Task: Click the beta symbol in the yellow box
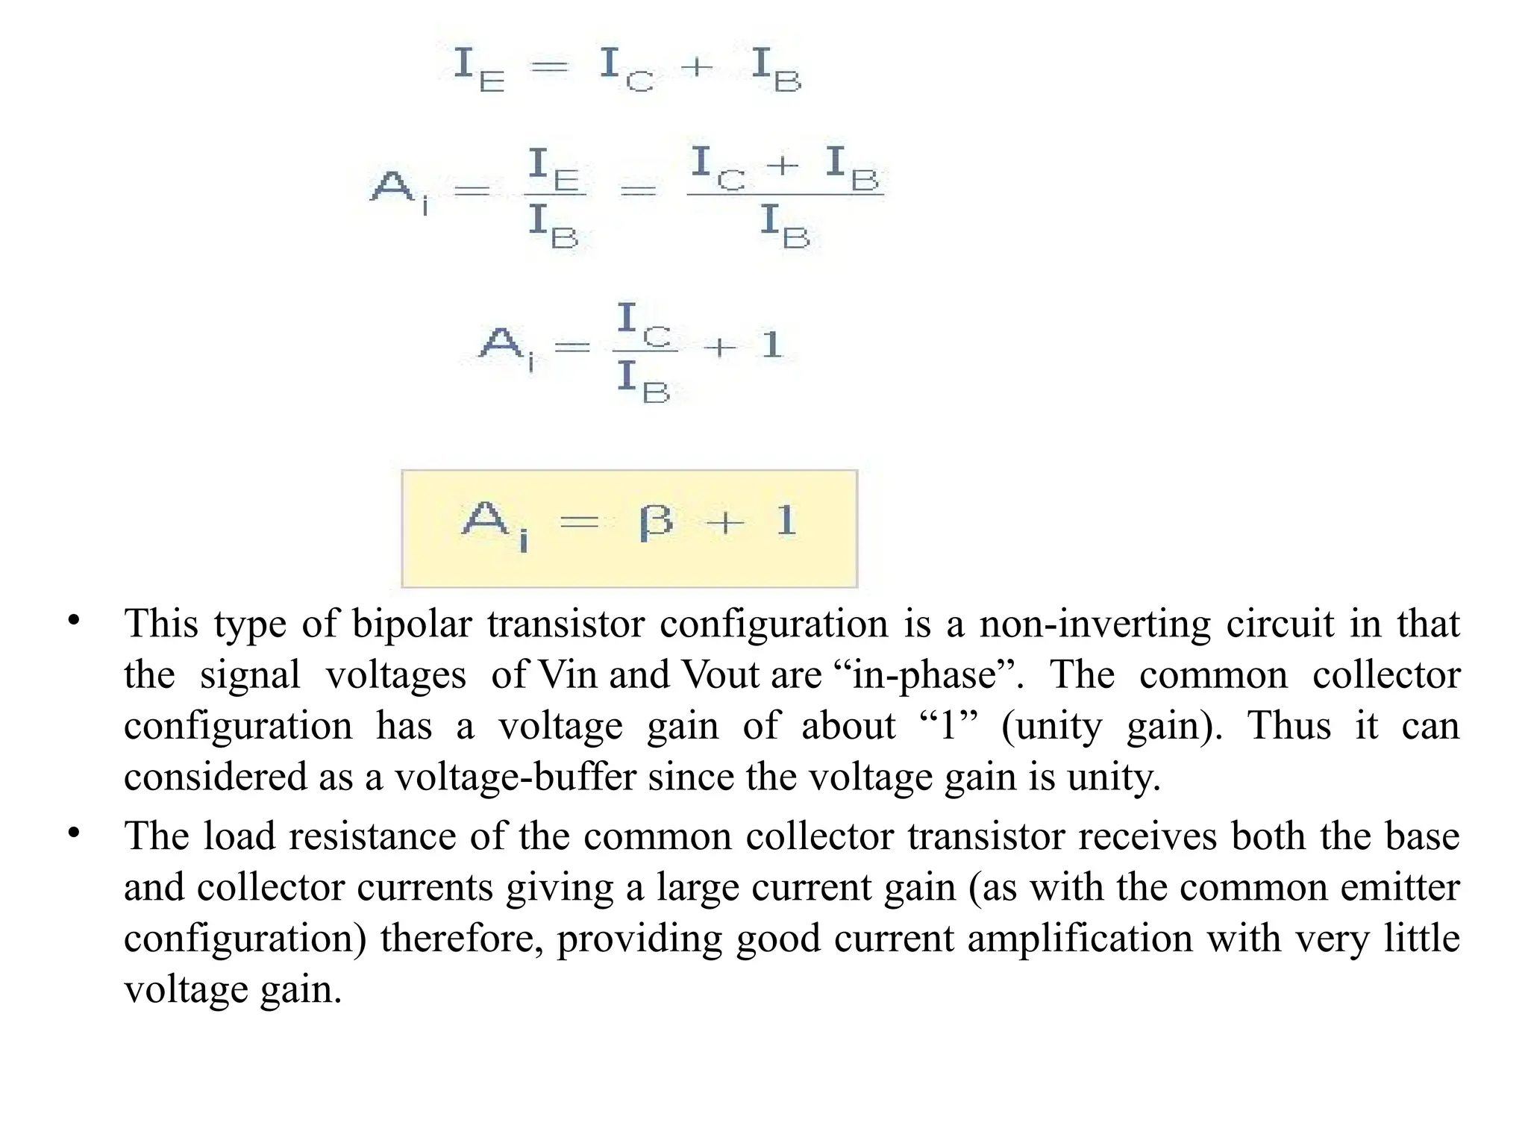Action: [x=656, y=522]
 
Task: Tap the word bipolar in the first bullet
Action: [x=412, y=624]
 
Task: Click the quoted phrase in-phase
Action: [x=926, y=674]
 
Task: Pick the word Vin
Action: [x=567, y=674]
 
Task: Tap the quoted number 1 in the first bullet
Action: [x=948, y=725]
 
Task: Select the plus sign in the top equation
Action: [x=698, y=68]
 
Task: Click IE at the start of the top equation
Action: [x=478, y=68]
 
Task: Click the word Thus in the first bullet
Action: [x=1289, y=725]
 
